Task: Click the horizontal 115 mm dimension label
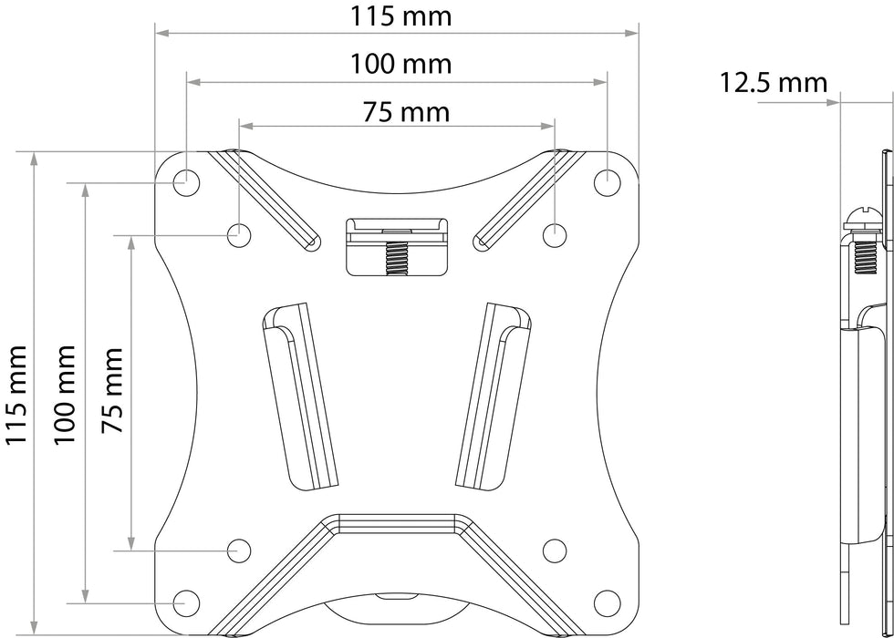click(x=400, y=16)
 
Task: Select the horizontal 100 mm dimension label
click(x=400, y=64)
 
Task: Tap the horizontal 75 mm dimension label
click(x=406, y=112)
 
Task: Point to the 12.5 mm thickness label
click(x=773, y=83)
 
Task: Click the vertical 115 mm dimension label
click(x=16, y=394)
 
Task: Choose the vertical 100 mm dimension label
click(x=65, y=394)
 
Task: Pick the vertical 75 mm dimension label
click(x=112, y=390)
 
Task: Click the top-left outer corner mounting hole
click(x=186, y=183)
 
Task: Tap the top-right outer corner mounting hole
click(x=608, y=183)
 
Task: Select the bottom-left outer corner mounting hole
click(x=186, y=603)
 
